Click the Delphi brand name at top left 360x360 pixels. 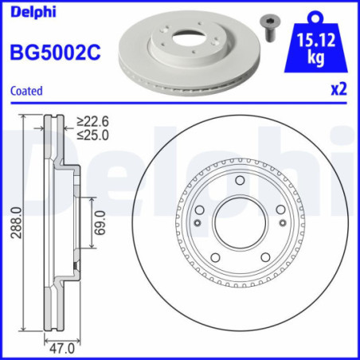(x=27, y=11)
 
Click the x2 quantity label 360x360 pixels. (x=339, y=90)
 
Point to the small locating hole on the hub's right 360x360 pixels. (x=281, y=223)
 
